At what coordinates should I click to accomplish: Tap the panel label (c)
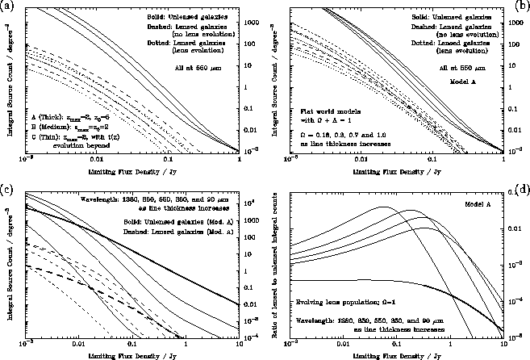7,190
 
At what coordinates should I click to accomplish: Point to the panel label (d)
522,190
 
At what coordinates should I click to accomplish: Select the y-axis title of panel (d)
279,266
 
